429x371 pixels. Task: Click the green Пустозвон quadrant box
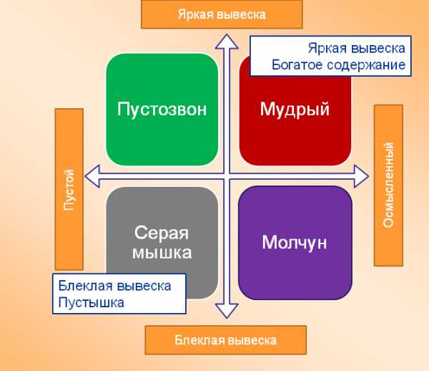tap(162, 109)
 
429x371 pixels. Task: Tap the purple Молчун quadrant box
tap(295, 243)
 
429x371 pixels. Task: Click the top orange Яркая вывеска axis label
tap(222, 14)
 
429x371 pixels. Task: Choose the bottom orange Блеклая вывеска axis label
tap(226, 340)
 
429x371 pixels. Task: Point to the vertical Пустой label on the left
tap(69, 189)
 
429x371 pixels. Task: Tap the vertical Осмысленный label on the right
tap(388, 185)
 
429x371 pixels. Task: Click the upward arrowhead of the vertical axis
tap(227, 42)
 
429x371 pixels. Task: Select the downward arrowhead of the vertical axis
tap(227, 312)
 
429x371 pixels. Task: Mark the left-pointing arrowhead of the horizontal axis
tap(92, 176)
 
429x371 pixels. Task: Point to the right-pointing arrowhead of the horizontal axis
tap(361, 176)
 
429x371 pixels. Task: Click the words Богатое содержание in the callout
tap(338, 65)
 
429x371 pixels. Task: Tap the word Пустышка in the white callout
tap(91, 302)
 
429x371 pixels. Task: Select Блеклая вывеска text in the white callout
tap(114, 286)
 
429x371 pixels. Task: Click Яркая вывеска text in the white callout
tap(357, 48)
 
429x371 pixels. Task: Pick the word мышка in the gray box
tap(162, 253)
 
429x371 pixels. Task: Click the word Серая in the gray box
tap(162, 233)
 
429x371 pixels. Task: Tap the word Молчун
tap(295, 243)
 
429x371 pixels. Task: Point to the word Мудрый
tap(295, 110)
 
